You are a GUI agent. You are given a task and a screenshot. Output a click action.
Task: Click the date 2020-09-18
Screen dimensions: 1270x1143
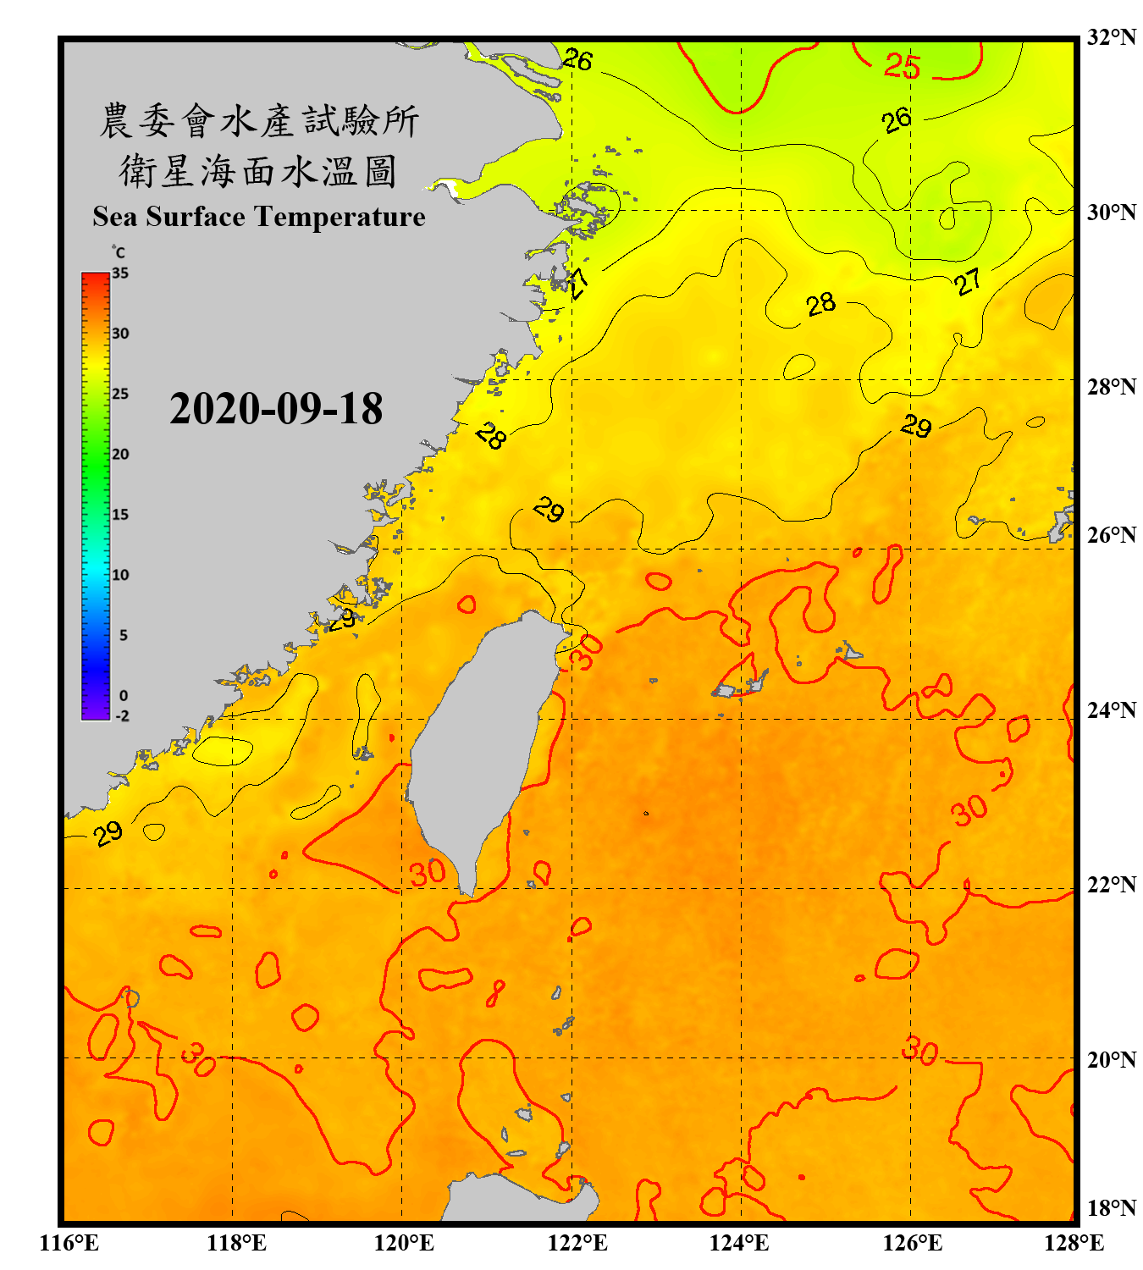click(x=276, y=409)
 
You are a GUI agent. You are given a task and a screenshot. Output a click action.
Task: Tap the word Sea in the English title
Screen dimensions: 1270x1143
click(x=116, y=217)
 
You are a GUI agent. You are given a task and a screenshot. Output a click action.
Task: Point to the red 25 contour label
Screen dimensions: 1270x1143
click(x=902, y=66)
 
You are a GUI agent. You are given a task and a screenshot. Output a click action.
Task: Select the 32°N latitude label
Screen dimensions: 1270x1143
click(x=1112, y=37)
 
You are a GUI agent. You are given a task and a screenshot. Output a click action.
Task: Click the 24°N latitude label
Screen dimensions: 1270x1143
click(x=1112, y=710)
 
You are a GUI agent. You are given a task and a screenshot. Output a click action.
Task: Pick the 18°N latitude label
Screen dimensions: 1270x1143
click(x=1112, y=1208)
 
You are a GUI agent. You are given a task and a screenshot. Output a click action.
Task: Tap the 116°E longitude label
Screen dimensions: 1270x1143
click(x=69, y=1243)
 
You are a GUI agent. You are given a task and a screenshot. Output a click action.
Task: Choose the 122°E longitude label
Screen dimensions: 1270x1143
click(x=577, y=1243)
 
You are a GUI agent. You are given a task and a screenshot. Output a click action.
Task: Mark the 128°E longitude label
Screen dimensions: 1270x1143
click(x=1074, y=1243)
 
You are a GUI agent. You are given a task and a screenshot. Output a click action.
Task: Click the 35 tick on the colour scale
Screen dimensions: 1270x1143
click(x=120, y=273)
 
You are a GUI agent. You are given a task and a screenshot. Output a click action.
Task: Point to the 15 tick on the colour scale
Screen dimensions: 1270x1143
click(x=120, y=515)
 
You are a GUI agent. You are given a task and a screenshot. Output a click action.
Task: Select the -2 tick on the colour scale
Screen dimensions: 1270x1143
click(x=122, y=716)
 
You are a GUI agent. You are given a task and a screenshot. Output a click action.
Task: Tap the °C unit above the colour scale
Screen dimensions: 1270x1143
click(x=119, y=252)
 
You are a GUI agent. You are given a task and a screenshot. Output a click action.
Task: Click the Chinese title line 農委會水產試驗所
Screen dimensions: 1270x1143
click(x=259, y=120)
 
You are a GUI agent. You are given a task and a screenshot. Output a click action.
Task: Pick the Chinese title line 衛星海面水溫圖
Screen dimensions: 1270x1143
click(x=259, y=171)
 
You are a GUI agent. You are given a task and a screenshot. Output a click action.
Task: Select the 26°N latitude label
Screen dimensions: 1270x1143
click(x=1112, y=535)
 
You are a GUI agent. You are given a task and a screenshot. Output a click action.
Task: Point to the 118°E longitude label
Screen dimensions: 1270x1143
click(x=236, y=1243)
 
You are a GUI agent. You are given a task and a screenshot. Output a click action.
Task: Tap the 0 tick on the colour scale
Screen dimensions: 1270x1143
click(x=124, y=696)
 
